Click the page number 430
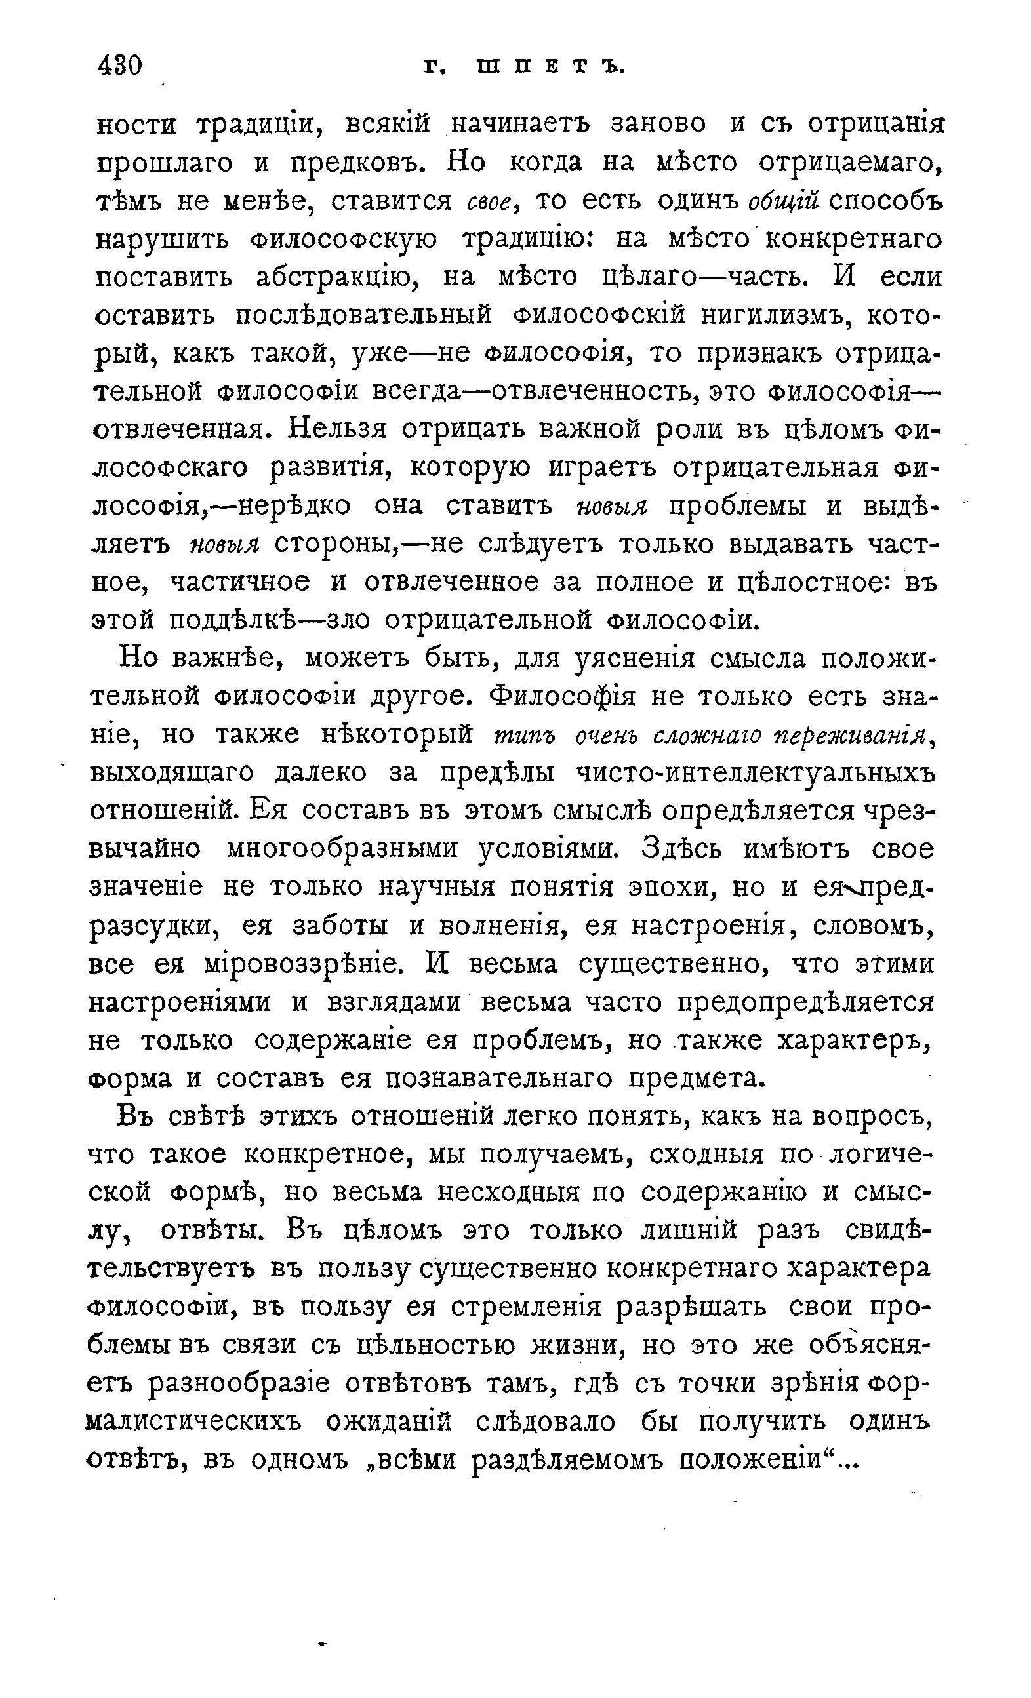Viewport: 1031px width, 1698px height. point(120,66)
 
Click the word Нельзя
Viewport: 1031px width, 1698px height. point(339,429)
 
